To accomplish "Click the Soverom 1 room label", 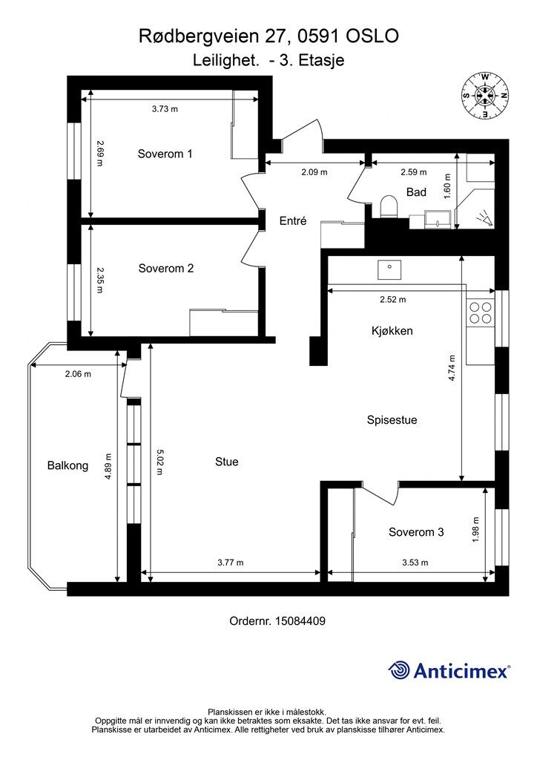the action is (x=165, y=154).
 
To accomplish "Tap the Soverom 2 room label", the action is (x=166, y=269).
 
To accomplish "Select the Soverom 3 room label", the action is (x=416, y=532).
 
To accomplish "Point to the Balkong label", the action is (x=67, y=466).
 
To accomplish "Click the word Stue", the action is (x=227, y=462).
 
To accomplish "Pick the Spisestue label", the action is (x=392, y=420).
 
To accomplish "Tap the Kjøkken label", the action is (x=392, y=331).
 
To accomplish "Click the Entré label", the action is (x=293, y=221).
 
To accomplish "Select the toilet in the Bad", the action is (x=389, y=207).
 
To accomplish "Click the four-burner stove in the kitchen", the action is (x=481, y=312).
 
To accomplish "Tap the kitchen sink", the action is (x=389, y=269).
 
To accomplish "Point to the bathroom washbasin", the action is (x=438, y=219).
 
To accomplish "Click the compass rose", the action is (x=484, y=96).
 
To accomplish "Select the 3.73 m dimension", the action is (x=165, y=109).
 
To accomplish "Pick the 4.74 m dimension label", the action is (x=452, y=369).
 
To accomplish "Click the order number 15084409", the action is (x=300, y=621).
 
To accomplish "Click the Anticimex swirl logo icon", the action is (x=399, y=671).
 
